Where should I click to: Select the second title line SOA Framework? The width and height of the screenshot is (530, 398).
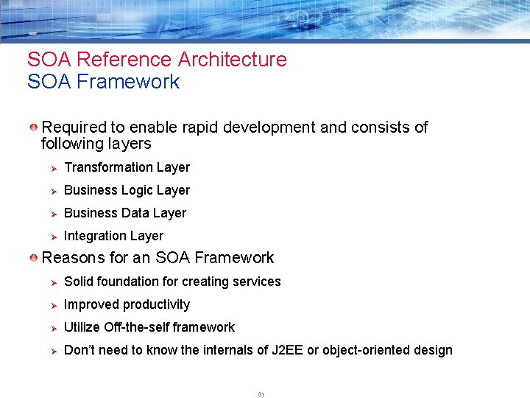(103, 82)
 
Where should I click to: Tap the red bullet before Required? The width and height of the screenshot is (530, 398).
(34, 128)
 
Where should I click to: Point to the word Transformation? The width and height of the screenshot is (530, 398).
(108, 167)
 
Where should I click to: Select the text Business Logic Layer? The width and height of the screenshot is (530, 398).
(127, 190)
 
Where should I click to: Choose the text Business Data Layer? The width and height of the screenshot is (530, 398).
(125, 213)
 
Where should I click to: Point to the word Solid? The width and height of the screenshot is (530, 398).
(79, 282)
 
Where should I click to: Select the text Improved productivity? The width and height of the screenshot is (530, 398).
(127, 304)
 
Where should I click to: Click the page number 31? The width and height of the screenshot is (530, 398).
(261, 394)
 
